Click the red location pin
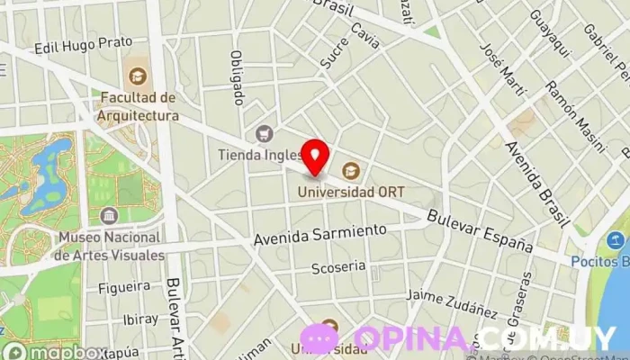tap(314, 156)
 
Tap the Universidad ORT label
tap(353, 191)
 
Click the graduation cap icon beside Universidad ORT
tap(350, 169)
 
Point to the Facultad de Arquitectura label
tap(139, 106)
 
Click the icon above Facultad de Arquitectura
tap(137, 76)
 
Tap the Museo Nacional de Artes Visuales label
tap(109, 246)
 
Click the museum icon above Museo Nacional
tap(109, 216)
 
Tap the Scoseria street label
tap(337, 266)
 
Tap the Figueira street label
tap(125, 287)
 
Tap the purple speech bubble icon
tap(319, 338)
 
